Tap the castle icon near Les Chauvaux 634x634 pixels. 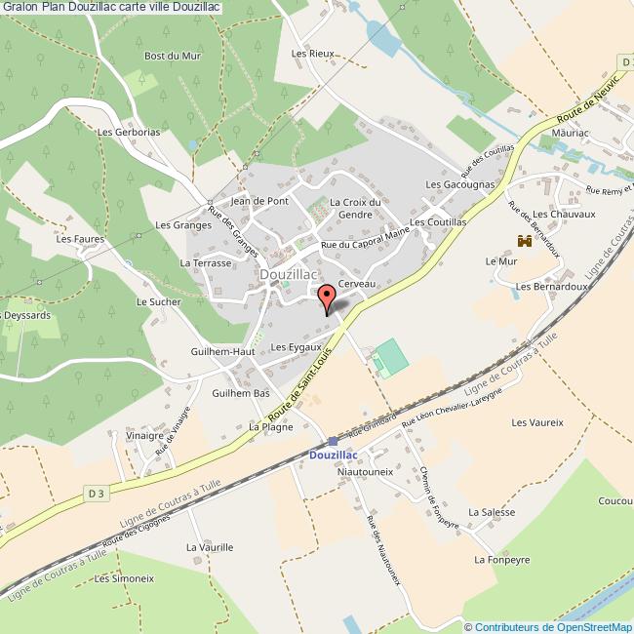pyautogui.click(x=525, y=240)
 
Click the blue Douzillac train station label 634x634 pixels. pyautogui.click(x=333, y=455)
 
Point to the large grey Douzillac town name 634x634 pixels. pyautogui.click(x=288, y=276)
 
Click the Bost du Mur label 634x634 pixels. pyautogui.click(x=173, y=56)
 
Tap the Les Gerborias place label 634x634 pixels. pyautogui.click(x=129, y=132)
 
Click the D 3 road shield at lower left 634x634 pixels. pyautogui.click(x=96, y=495)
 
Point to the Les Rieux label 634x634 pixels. pyautogui.click(x=312, y=54)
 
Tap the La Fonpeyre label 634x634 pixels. pyautogui.click(x=501, y=560)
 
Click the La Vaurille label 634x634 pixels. pyautogui.click(x=210, y=547)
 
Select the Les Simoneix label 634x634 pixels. pyautogui.click(x=124, y=578)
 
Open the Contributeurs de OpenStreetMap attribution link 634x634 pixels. pyautogui.click(x=553, y=627)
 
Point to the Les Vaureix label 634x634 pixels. pyautogui.click(x=537, y=422)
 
